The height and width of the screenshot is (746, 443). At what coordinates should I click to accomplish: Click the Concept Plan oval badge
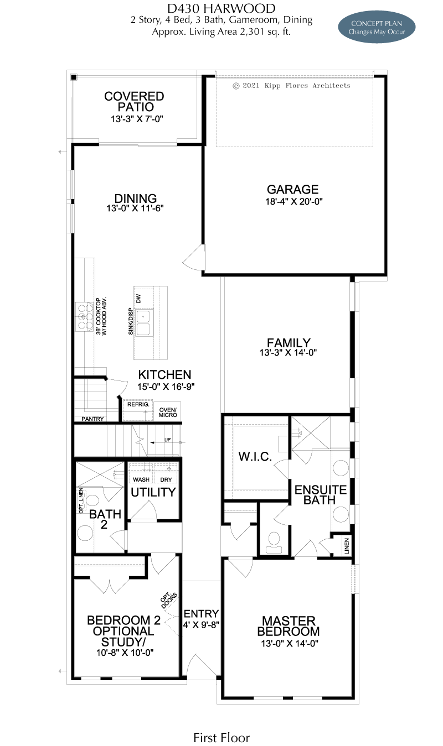(x=377, y=28)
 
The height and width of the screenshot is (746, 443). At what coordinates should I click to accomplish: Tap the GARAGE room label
(x=292, y=190)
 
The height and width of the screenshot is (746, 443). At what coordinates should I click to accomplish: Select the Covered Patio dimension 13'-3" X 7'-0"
(x=137, y=119)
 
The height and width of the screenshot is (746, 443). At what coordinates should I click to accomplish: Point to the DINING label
(x=136, y=199)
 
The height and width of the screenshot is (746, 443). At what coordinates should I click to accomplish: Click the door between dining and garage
(x=195, y=258)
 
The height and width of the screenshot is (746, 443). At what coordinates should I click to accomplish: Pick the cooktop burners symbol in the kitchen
(x=84, y=317)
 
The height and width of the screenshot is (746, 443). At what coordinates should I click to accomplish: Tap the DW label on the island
(x=139, y=299)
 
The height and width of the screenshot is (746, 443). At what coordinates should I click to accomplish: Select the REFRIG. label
(x=138, y=404)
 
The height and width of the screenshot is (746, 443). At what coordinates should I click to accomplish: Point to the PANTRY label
(x=92, y=419)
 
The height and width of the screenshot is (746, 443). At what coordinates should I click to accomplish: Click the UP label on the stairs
(x=167, y=440)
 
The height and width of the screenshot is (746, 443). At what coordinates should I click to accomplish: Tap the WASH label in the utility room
(x=141, y=479)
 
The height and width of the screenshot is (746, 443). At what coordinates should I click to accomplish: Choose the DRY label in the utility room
(x=166, y=479)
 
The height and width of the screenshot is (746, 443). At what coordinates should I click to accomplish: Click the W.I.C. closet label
(x=255, y=457)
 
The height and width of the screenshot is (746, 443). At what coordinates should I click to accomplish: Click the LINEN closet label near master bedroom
(x=347, y=546)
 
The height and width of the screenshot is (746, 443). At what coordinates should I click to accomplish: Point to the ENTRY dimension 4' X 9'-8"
(x=201, y=624)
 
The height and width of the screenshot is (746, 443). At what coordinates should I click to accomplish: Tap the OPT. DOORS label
(x=169, y=601)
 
